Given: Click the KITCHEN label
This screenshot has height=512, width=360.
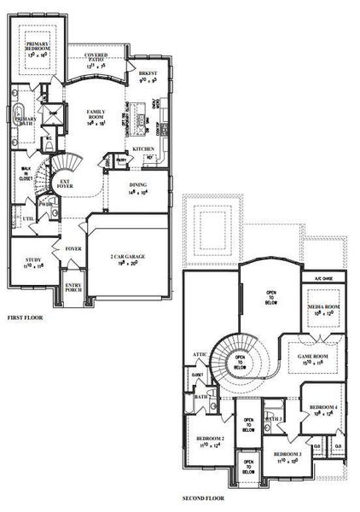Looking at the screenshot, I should pos(143,150).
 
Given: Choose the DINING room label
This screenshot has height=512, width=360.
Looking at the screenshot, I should pos(137,185).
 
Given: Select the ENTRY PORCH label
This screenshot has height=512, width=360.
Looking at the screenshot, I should pos(73,288).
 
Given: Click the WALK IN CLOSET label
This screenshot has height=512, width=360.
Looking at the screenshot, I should pos(26,174).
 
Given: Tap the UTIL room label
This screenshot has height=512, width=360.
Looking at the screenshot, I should pos(27,219).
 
